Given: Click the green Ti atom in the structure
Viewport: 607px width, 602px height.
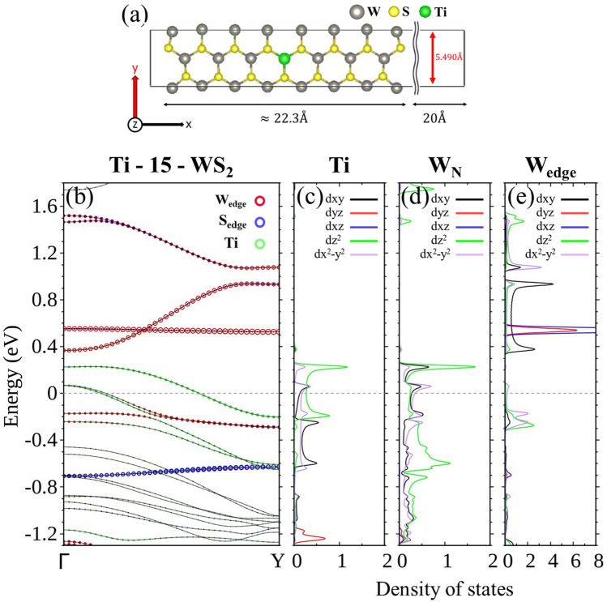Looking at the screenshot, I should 284,58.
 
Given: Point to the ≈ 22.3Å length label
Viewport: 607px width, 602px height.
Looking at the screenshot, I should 283,118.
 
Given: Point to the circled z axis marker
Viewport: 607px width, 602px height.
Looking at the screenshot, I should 135,125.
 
